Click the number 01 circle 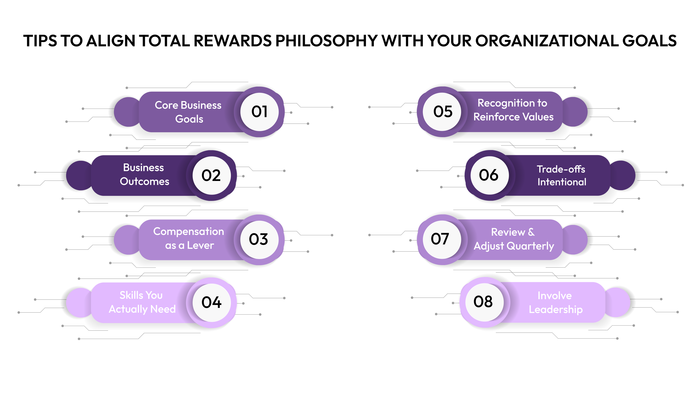coord(259,112)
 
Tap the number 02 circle coord(211,175)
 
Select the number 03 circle coord(259,240)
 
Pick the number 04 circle coord(211,303)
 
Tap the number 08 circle coord(484,302)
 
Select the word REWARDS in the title coord(233,41)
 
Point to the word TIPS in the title coord(40,41)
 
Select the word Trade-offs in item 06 coord(561,169)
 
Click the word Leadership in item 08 coord(556,309)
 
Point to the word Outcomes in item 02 coord(145,181)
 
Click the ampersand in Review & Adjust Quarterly coord(531,232)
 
